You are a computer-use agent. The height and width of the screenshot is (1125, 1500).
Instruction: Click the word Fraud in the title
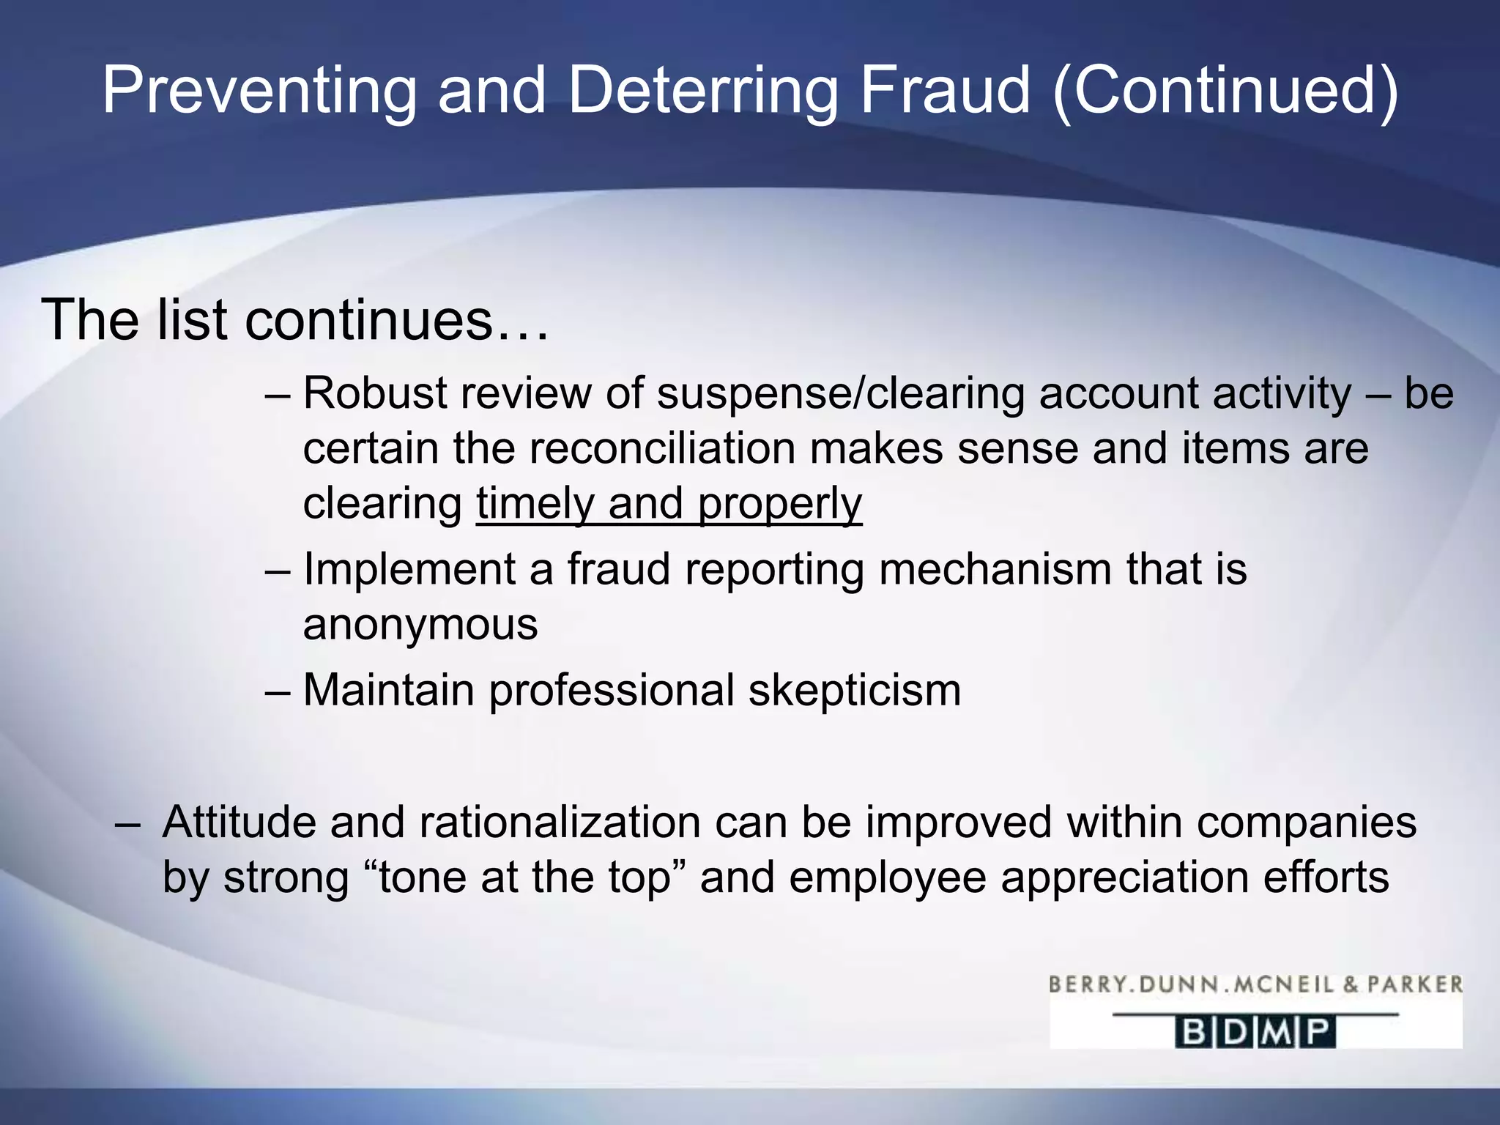coord(945,91)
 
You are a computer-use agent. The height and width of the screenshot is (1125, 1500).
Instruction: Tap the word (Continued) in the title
coord(1225,91)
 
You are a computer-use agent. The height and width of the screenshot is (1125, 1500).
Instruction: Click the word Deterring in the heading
coord(702,91)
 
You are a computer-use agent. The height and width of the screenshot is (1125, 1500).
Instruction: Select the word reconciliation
coord(661,448)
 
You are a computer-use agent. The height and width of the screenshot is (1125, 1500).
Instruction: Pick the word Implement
coord(409,569)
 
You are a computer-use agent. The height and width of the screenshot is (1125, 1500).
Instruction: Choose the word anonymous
coord(420,625)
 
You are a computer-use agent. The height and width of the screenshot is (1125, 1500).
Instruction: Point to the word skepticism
coord(855,691)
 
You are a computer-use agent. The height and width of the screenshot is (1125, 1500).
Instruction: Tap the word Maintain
coord(388,691)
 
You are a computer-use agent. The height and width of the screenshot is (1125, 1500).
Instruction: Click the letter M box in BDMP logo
coord(1277,1033)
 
